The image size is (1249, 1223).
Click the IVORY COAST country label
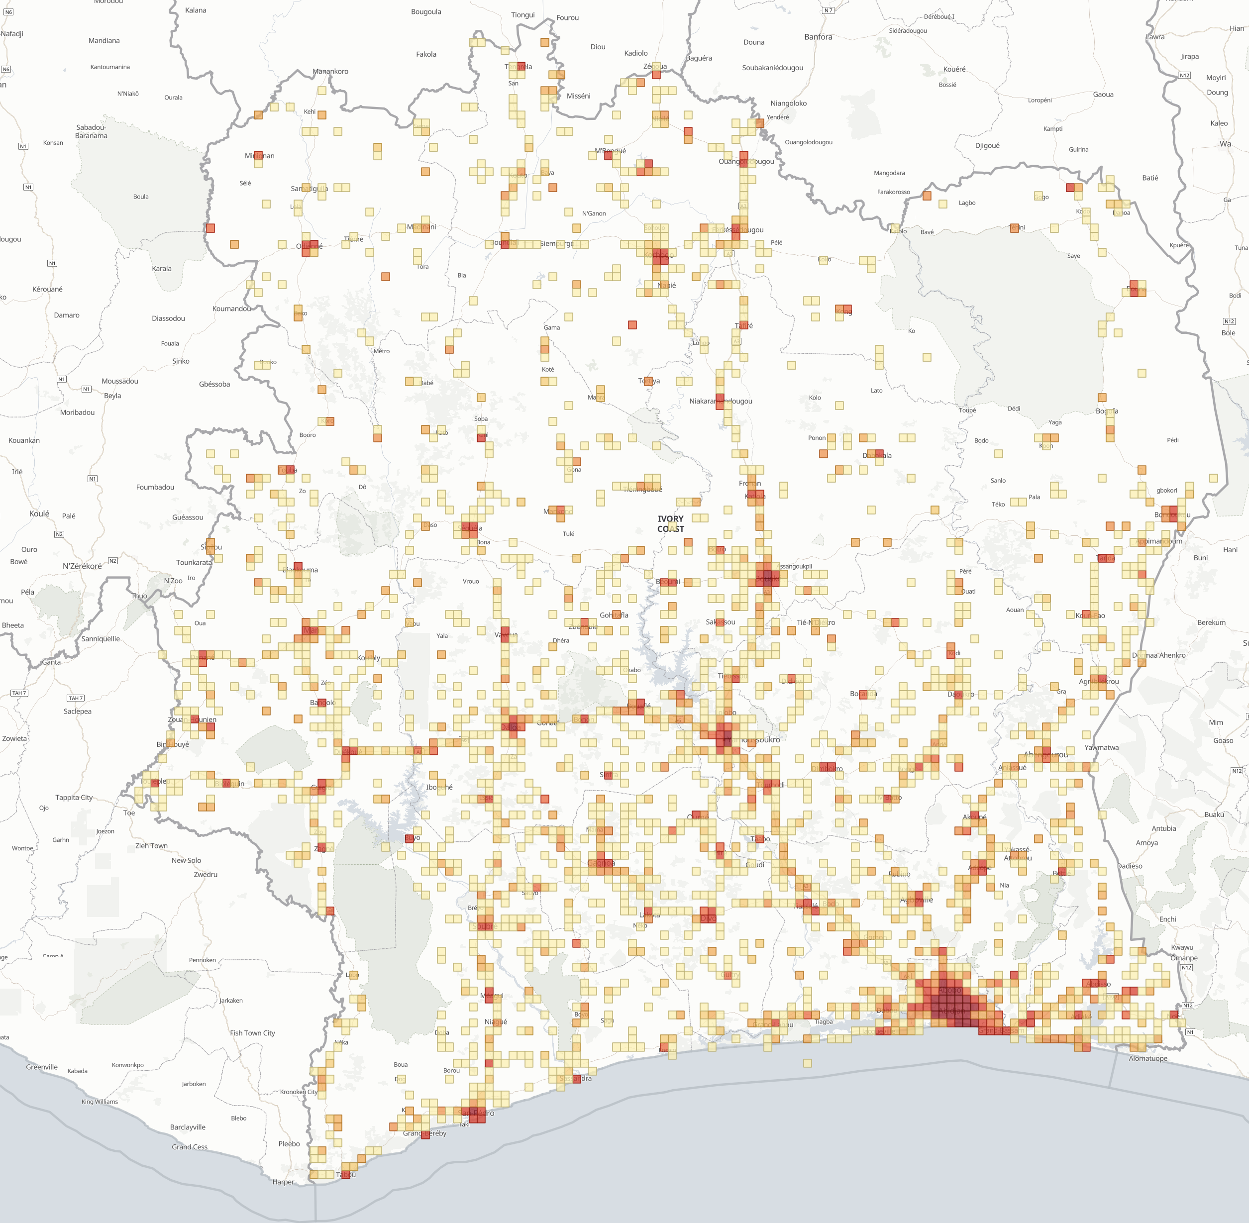pyautogui.click(x=670, y=523)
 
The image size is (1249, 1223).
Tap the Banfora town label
pyautogui.click(x=818, y=37)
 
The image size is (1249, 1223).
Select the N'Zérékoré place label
pyautogui.click(x=82, y=566)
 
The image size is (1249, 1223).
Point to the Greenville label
pyautogui.click(x=42, y=1067)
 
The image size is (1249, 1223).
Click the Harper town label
pyautogui.click(x=283, y=1182)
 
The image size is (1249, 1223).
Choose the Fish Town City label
pyautogui.click(x=252, y=1033)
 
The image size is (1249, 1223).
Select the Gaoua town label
pyautogui.click(x=1103, y=95)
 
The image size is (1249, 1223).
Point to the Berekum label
pyautogui.click(x=1211, y=622)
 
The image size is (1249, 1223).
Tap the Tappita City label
pyautogui.click(x=74, y=797)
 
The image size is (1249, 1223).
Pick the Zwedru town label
pyautogui.click(x=206, y=874)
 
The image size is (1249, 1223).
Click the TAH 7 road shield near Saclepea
pyautogui.click(x=76, y=698)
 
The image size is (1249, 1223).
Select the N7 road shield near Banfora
pyautogui.click(x=828, y=10)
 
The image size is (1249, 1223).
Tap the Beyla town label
pyautogui.click(x=112, y=396)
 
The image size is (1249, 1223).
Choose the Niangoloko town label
pyautogui.click(x=788, y=103)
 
